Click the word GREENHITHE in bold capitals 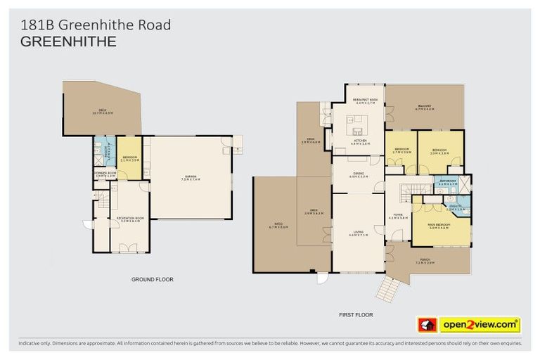(69, 41)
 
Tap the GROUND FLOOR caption (152, 279)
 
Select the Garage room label (190, 177)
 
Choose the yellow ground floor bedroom (130, 158)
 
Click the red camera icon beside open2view (427, 325)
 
